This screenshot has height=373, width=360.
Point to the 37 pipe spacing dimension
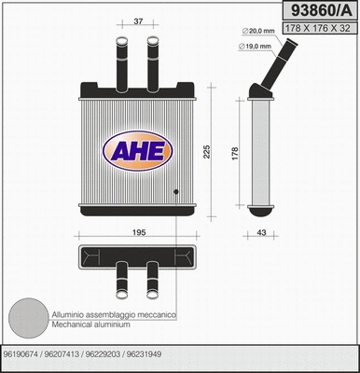pos(138,21)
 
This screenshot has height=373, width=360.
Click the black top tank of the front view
pos(137,89)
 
